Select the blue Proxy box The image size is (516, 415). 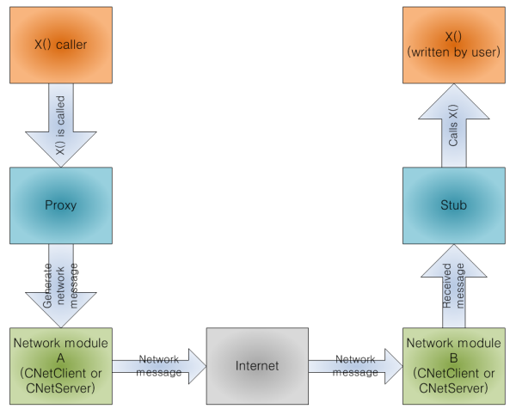60,205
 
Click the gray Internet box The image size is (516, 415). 257,365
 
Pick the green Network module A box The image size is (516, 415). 61,365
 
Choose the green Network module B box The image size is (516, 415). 454,365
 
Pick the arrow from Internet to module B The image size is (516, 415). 355,365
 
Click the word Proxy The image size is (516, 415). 60,206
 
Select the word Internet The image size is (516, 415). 257,366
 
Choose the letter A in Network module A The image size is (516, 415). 61,357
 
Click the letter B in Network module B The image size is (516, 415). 454,357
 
